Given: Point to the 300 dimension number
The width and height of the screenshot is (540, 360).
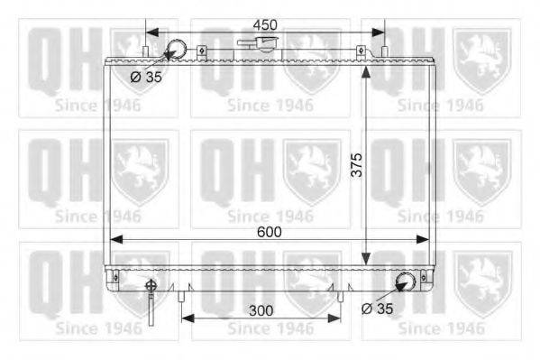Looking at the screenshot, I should pos(261,309).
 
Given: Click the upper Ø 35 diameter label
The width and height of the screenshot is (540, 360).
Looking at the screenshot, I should pos(146,77).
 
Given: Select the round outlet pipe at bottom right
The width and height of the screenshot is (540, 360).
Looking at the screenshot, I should pos(407,282).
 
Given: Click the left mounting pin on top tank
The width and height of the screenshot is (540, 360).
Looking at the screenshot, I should pos(146,46).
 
